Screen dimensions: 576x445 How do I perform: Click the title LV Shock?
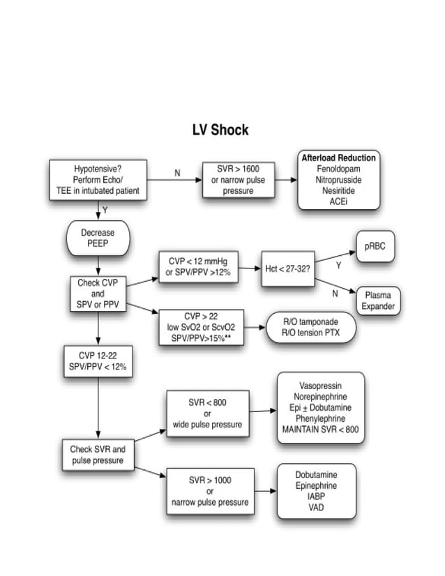point(220,130)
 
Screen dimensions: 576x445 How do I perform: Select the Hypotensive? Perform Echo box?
point(97,180)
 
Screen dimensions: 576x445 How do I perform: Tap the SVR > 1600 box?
point(239,180)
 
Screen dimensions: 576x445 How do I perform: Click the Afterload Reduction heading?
point(338,158)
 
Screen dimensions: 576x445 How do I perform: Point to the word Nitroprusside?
point(338,180)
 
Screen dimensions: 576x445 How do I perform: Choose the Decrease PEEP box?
point(98,238)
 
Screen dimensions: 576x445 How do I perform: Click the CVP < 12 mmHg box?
point(198,268)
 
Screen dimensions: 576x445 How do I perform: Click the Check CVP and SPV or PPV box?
point(98,294)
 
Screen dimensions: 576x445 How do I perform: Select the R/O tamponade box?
point(310,327)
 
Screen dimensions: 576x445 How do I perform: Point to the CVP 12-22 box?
point(98,361)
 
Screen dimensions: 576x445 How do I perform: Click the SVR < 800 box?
point(207,413)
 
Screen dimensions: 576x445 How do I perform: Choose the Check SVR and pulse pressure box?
point(98,455)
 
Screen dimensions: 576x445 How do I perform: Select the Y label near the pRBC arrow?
point(338,266)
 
